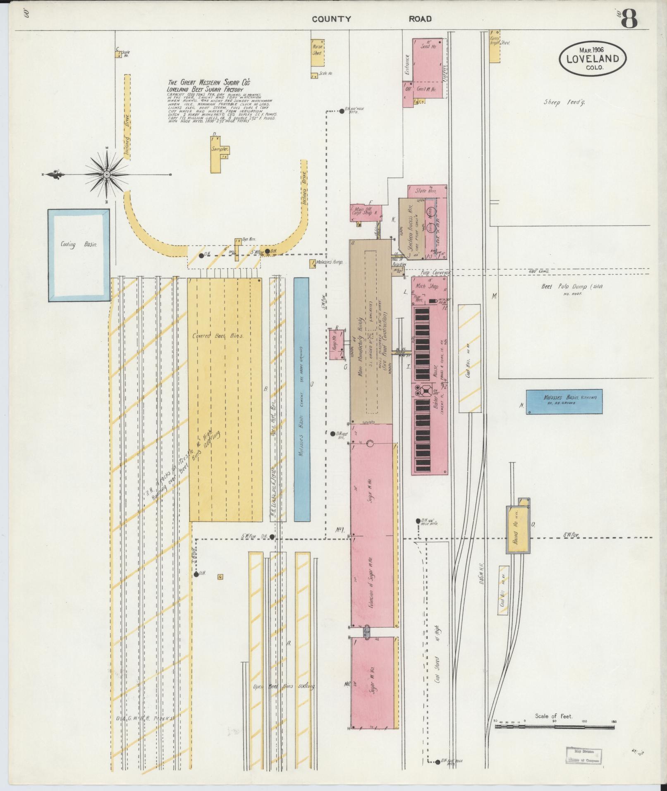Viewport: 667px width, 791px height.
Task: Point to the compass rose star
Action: pos(107,175)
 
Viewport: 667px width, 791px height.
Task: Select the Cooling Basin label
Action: pos(79,245)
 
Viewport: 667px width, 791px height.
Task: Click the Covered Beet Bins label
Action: pos(218,336)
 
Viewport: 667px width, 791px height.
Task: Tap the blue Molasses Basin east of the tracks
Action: pos(564,401)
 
